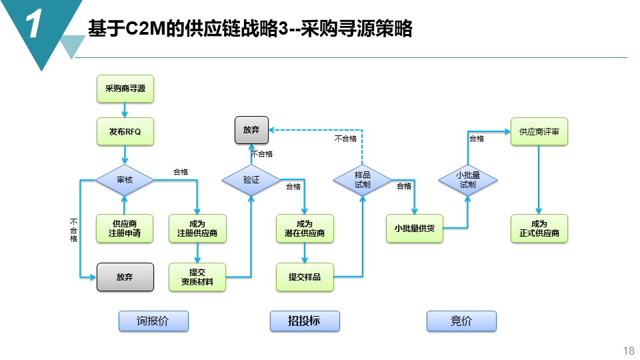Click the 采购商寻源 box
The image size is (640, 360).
point(125,89)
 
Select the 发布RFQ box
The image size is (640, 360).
point(125,131)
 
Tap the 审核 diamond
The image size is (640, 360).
point(125,180)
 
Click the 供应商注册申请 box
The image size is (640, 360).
point(125,229)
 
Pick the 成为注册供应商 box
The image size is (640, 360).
point(197,229)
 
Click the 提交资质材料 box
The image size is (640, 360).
point(197,277)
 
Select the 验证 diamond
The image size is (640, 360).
point(251,180)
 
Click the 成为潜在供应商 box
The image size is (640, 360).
point(305,229)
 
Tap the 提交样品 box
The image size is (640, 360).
point(305,277)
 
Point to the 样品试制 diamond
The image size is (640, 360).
point(362,180)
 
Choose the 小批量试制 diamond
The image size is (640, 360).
point(467,179)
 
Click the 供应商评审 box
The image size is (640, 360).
point(539,131)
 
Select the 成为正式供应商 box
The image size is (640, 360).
point(539,229)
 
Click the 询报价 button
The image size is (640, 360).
point(153,321)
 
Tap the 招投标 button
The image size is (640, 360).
point(305,321)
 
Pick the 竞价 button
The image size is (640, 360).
point(461,321)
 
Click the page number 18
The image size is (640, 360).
point(628,351)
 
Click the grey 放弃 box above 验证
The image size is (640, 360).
point(251,130)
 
